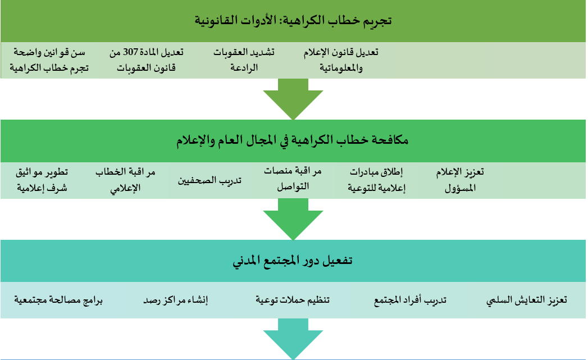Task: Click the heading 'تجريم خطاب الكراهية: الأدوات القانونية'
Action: (293, 20)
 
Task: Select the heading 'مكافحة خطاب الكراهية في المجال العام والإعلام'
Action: (293, 140)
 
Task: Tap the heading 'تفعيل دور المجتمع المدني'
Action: (293, 260)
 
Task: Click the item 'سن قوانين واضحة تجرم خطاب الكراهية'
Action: (49, 60)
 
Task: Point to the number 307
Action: (131, 52)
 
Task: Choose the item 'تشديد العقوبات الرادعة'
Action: (244, 60)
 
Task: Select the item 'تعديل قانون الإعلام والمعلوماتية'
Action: (341, 60)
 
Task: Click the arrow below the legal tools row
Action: (293, 99)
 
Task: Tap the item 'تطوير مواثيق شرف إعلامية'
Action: (42, 180)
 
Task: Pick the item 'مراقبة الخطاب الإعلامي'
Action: (125, 180)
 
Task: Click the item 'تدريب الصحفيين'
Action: (209, 180)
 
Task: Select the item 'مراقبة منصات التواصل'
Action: (293, 179)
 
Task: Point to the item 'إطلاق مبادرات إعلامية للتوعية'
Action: (376, 180)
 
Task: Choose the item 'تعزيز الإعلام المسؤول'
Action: (460, 180)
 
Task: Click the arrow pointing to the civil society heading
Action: (293, 219)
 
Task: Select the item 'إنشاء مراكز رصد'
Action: (175, 300)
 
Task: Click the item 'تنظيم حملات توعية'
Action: (293, 300)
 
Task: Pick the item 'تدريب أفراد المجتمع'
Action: (410, 300)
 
